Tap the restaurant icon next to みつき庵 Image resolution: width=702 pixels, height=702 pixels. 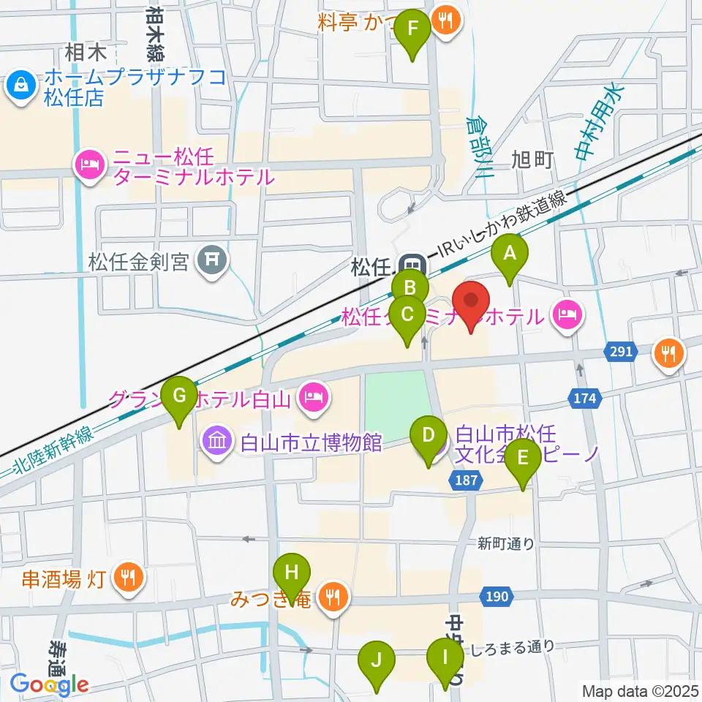click(335, 599)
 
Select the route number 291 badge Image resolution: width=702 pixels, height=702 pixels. click(620, 352)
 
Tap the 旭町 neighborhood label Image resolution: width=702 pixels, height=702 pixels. click(532, 159)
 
